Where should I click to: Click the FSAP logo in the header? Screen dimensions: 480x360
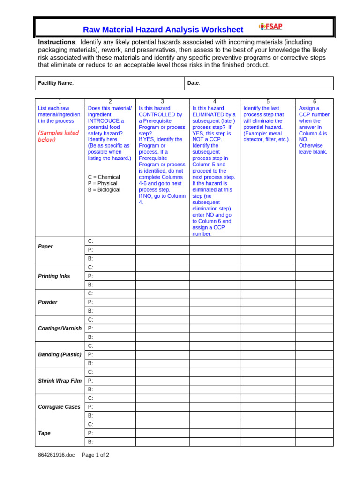(271, 27)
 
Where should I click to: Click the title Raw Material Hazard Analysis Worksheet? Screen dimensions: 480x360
(163, 30)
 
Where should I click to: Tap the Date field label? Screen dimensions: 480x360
(194, 83)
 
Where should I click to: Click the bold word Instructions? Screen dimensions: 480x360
(56, 42)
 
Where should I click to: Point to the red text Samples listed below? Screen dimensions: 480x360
(59, 136)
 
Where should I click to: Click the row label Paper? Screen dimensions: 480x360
(45, 246)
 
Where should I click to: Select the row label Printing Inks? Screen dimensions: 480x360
(54, 276)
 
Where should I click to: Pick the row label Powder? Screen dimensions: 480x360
(48, 302)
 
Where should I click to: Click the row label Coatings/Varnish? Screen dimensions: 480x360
(60, 328)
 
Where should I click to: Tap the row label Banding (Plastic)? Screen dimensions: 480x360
(60, 354)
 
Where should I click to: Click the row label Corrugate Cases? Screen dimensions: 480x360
(59, 407)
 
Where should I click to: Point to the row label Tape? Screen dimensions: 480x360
(44, 433)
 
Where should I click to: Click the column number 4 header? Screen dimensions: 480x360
(214, 101)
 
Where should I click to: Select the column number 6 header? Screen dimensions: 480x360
(315, 101)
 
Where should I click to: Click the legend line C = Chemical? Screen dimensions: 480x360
(104, 177)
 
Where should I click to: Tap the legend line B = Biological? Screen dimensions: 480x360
(104, 190)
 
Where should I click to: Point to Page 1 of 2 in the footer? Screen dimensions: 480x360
(96, 455)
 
